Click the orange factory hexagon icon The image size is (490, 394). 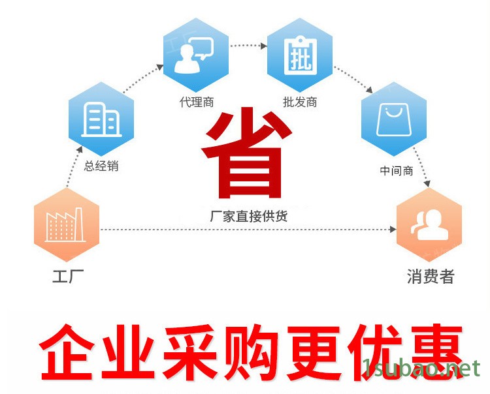pos(67,224)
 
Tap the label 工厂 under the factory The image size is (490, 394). pos(68,277)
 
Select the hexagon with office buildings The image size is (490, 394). pos(101,119)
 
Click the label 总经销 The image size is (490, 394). pos(101,166)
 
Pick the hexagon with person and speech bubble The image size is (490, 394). pos(196,55)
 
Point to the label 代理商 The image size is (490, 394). pos(197,102)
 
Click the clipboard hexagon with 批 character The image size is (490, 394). pos(300,55)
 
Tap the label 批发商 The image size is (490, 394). pos(300,102)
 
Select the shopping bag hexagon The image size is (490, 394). pos(394,119)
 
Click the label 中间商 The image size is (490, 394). pos(397,171)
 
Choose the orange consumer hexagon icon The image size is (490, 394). pos(429,224)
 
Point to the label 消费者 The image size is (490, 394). pos(431,277)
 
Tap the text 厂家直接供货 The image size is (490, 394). pos(249,216)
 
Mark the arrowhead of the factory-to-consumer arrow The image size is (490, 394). pos(393,230)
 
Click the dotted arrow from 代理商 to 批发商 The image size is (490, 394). pos(248,46)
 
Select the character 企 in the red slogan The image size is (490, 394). pos(67,352)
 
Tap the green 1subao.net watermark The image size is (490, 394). pos(421,369)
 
